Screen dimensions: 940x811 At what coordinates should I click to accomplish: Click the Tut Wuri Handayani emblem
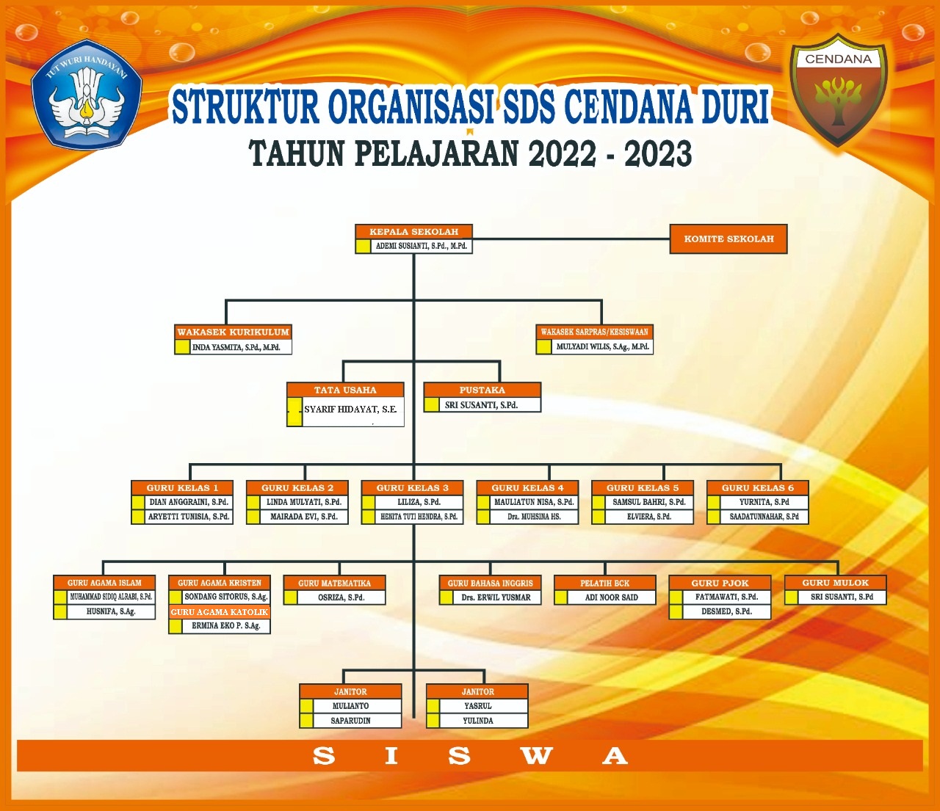point(87,95)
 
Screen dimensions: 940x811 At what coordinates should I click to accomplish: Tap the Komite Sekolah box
point(728,239)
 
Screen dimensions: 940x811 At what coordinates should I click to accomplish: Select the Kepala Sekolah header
point(413,231)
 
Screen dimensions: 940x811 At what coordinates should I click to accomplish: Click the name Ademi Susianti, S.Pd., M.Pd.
point(421,247)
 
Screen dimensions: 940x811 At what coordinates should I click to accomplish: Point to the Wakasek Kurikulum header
point(233,332)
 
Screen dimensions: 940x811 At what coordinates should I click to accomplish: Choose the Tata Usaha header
point(345,390)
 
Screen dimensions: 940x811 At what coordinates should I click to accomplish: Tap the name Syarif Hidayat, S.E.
point(350,409)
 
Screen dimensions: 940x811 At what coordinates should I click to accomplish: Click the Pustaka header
point(482,390)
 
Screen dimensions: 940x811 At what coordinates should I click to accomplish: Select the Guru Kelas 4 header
point(527,488)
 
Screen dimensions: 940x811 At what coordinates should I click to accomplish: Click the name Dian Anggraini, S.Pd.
point(189,502)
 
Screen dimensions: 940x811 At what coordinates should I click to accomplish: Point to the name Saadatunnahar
point(764,517)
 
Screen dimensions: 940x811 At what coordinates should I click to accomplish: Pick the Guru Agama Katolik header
point(219,612)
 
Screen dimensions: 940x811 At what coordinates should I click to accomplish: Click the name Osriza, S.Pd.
point(341,597)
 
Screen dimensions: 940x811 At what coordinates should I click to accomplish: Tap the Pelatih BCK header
point(605,583)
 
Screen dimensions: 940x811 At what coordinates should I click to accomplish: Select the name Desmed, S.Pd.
point(726,611)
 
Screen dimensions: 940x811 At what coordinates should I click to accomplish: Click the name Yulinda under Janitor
point(477,721)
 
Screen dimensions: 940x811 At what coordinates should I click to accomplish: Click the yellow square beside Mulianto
point(306,706)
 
